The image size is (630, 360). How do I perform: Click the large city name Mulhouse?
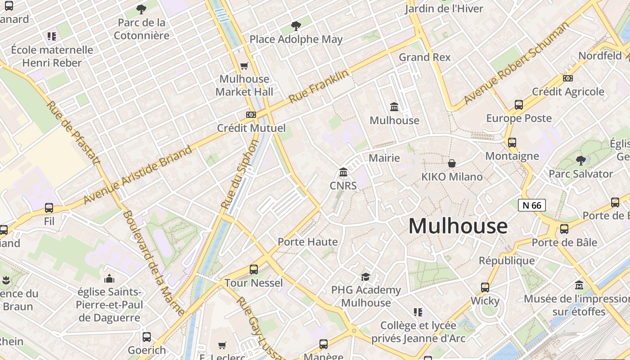point(458,226)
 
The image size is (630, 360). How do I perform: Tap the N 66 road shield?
point(531,205)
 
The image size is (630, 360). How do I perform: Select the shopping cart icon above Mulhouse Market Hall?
point(244,66)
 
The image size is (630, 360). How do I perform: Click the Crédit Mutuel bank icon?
point(251,115)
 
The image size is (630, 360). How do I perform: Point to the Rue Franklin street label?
point(318,86)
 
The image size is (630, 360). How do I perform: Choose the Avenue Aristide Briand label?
point(137,174)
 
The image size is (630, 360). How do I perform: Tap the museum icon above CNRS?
point(343,172)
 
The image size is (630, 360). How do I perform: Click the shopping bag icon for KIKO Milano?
point(451,163)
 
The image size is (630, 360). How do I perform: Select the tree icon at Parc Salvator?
point(580,160)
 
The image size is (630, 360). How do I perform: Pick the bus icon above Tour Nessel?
point(254,270)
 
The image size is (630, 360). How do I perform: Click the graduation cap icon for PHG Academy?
point(365,277)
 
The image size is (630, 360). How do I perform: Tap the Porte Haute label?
point(307,242)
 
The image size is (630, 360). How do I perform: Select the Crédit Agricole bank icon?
point(568,78)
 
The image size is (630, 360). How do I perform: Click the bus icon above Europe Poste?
point(519,105)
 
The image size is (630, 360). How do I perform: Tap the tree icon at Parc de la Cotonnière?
point(141,9)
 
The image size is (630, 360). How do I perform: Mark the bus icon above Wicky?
point(485,287)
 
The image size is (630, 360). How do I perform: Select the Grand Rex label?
point(424,57)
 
